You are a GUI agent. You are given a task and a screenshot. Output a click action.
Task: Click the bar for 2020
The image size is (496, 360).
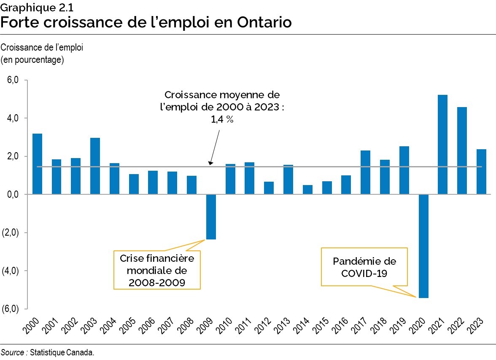click(423, 246)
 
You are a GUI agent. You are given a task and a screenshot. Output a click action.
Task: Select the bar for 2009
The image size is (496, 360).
click(211, 217)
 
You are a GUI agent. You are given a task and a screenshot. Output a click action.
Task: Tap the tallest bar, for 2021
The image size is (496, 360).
click(442, 145)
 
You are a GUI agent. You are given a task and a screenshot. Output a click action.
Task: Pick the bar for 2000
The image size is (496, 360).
click(37, 164)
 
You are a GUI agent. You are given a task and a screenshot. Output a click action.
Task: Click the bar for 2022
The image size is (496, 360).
click(462, 150)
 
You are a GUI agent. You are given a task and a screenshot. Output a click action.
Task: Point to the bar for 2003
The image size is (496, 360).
click(95, 166)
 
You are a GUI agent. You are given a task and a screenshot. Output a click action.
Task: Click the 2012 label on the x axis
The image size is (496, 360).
click(264, 327)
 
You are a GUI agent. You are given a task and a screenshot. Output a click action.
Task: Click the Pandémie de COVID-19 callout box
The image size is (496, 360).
click(364, 267)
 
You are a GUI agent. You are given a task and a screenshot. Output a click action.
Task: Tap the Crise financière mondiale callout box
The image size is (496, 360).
click(157, 270)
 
